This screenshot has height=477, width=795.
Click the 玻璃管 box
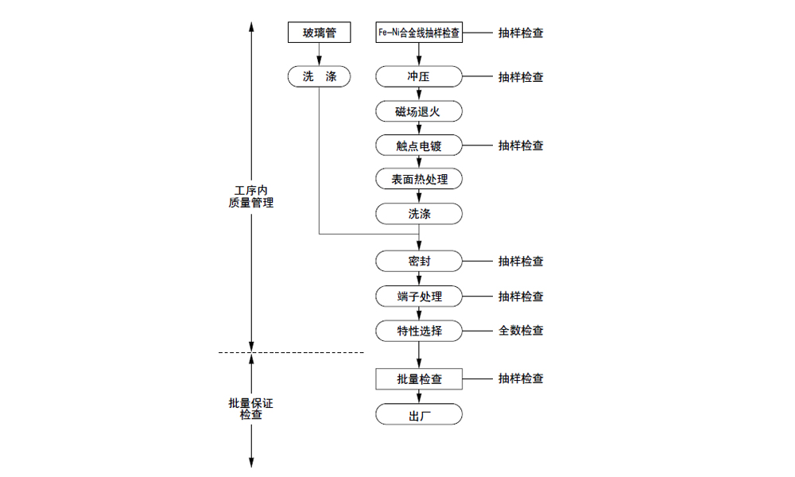coord(319,33)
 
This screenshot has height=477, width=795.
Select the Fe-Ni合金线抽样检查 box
coord(419,33)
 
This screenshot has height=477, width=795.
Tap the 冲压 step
coord(419,77)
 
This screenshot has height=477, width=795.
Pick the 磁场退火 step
coord(419,111)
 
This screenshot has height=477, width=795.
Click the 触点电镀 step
coord(419,145)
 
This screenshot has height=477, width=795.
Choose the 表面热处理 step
coord(419,180)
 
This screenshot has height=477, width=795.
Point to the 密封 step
coord(419,262)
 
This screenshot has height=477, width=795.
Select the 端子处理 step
coord(419,297)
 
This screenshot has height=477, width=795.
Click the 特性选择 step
coord(419,331)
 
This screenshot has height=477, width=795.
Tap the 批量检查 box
coord(419,379)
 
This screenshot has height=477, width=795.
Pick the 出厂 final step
coord(419,415)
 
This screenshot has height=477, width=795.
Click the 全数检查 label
coord(522,331)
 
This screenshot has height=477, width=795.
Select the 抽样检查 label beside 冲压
coord(522,77)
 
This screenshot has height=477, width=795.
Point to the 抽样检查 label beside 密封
coord(522,262)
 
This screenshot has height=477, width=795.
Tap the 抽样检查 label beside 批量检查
coord(522,379)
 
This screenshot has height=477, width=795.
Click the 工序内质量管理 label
coord(251,196)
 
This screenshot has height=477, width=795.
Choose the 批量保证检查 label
coord(251,409)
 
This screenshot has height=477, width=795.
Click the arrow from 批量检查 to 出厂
coord(419,397)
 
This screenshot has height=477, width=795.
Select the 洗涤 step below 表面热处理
coord(419,214)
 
